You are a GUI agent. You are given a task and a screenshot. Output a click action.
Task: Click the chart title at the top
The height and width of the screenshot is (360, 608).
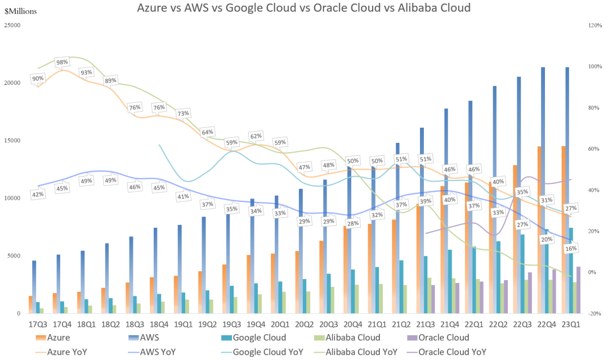[x=303, y=8]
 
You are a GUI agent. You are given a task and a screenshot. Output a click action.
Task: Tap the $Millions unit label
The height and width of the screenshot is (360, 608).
[x=21, y=11]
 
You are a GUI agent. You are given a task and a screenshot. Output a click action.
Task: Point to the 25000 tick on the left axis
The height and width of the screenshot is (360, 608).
[x=12, y=25]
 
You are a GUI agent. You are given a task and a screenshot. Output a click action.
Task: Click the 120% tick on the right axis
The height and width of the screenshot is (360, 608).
[x=595, y=25]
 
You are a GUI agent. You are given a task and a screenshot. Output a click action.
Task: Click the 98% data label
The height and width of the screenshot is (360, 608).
[x=62, y=62]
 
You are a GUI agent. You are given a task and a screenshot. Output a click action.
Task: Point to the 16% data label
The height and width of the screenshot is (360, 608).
[x=571, y=249]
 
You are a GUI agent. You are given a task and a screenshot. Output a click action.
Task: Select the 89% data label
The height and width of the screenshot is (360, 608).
[x=110, y=80]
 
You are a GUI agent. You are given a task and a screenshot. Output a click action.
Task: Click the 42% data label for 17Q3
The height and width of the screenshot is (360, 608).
[x=38, y=194]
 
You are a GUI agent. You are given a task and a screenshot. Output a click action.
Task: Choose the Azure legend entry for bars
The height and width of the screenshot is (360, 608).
[x=53, y=338]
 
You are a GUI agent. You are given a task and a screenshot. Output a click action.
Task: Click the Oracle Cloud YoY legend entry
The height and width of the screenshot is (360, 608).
[x=446, y=352]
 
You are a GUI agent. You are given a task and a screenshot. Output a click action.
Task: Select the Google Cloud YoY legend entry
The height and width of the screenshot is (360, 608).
[x=262, y=352]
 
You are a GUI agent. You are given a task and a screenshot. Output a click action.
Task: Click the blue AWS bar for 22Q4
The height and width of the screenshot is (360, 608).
[x=543, y=190]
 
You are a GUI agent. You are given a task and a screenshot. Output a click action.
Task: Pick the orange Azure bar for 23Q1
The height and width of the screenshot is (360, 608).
[x=564, y=230]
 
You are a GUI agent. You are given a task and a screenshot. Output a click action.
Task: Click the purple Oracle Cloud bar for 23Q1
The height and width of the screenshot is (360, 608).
[x=578, y=290]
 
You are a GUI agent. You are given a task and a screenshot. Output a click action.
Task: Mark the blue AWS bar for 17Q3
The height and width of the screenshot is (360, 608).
[x=34, y=287]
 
